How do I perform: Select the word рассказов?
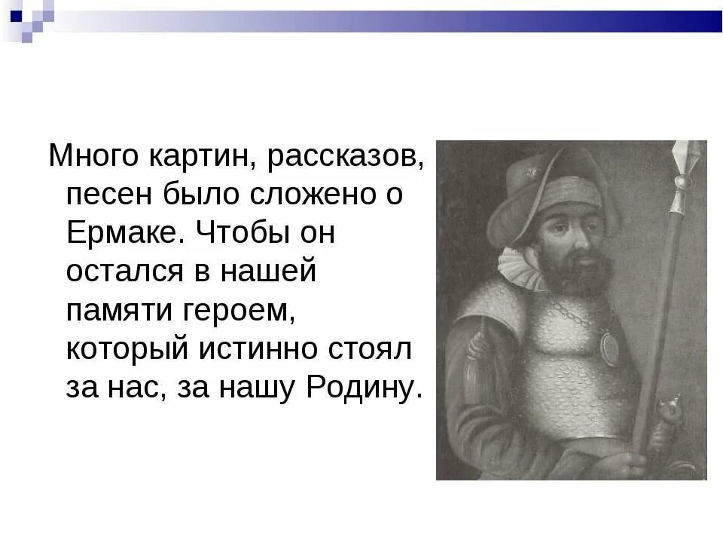point(351,157)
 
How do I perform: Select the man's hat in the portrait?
point(554,189)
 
